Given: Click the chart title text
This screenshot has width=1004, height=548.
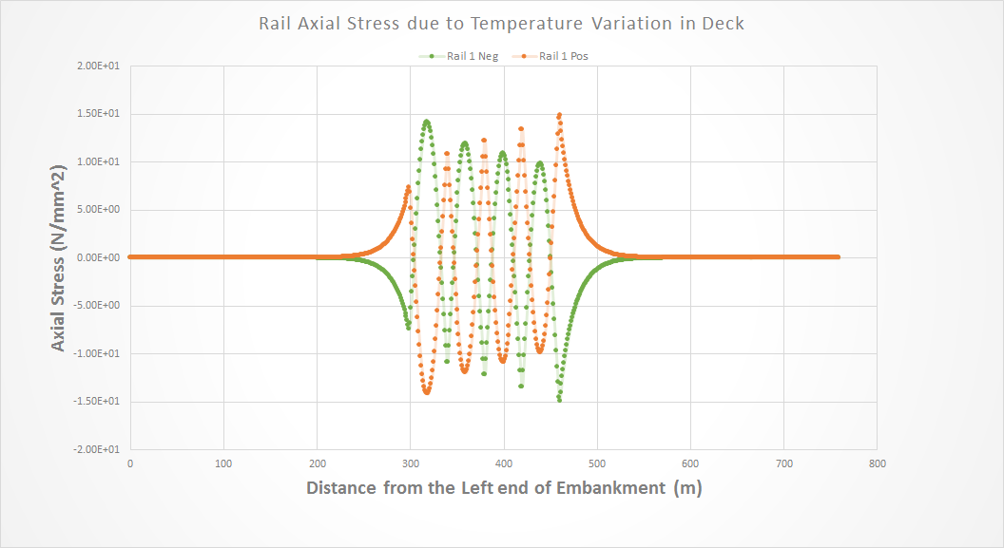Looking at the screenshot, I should [x=501, y=24].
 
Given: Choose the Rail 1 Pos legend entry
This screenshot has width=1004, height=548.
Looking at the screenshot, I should [x=562, y=56].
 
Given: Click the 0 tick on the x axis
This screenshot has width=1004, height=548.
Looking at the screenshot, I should [x=130, y=463].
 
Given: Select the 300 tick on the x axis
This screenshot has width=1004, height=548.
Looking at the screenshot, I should [x=411, y=463].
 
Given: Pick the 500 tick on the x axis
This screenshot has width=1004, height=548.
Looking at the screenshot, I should [x=597, y=463].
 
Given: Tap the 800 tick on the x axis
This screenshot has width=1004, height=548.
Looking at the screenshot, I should [x=878, y=463].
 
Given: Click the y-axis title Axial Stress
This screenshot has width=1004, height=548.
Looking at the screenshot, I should [x=59, y=257].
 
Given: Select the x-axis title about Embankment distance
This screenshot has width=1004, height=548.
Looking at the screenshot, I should [x=504, y=488].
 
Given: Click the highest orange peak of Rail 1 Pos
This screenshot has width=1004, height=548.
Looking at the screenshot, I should [x=559, y=115].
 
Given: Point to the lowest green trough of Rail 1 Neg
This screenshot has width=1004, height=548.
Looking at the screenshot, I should [x=559, y=400].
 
